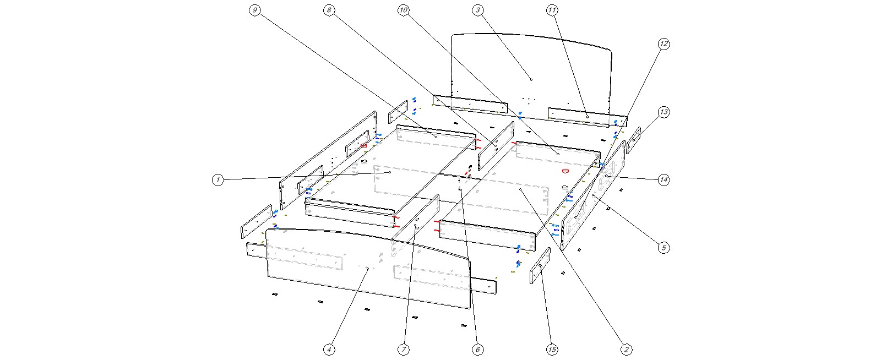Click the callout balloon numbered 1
point(219,179)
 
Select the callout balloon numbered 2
point(626,349)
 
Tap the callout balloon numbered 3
point(478,10)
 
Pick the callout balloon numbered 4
point(329,349)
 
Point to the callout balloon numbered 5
point(664,248)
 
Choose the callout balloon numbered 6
point(478,349)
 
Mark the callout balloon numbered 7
point(403,349)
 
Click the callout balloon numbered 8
point(329,10)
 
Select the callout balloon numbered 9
point(254,10)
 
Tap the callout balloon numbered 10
point(403,10)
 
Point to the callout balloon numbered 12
point(664,43)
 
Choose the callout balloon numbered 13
point(664,112)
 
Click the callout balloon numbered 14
point(664,179)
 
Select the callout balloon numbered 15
point(552,349)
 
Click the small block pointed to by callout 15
point(540,265)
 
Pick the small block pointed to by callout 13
point(634,140)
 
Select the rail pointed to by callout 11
point(587,117)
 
